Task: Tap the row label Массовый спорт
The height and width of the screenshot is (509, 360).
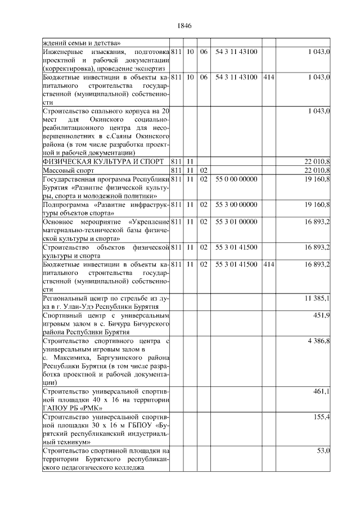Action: [x=67, y=170]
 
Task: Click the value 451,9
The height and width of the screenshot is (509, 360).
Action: [x=321, y=316]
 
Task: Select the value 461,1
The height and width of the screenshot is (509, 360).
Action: [x=321, y=390]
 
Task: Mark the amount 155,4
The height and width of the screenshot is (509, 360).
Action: [x=321, y=417]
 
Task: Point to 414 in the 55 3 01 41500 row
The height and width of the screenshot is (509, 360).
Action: [x=268, y=264]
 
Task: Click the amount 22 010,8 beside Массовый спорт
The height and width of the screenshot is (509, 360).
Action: [x=317, y=170]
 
